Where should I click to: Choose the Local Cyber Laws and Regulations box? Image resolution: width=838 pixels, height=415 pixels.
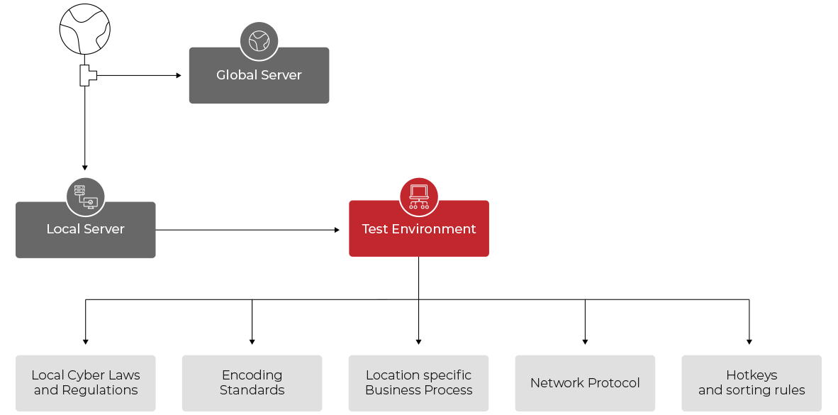click(86, 383)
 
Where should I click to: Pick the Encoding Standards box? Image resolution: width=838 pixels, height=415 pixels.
click(252, 383)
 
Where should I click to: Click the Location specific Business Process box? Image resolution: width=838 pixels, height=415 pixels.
click(418, 383)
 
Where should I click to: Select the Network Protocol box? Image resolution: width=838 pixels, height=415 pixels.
click(585, 383)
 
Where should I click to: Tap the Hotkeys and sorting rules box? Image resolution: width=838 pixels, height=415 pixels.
click(752, 383)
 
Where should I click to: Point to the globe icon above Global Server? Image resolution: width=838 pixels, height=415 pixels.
click(259, 41)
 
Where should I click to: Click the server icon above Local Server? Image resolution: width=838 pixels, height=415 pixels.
click(85, 197)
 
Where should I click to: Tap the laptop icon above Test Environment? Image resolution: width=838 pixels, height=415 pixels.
click(419, 197)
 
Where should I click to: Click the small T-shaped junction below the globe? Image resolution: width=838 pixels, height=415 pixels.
click(86, 75)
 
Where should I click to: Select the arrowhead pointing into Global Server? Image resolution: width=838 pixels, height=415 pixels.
click(179, 75)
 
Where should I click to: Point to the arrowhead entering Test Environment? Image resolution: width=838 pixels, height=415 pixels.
click(337, 230)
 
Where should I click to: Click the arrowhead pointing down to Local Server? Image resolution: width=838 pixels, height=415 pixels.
click(85, 167)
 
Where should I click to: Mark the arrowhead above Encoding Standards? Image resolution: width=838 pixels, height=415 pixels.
click(252, 341)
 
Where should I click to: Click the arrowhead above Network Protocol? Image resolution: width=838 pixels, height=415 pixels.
click(585, 341)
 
